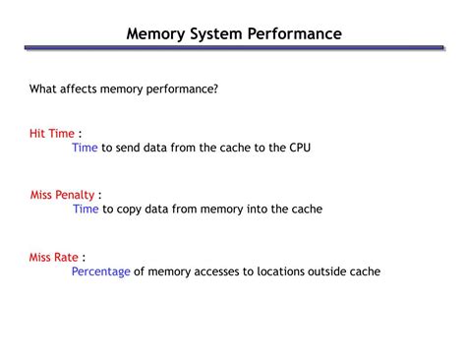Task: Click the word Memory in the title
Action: pos(155,33)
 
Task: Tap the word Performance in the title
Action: pos(295,33)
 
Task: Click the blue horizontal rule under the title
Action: pos(233,47)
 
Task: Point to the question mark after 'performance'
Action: pos(215,90)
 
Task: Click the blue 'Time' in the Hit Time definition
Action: pos(85,148)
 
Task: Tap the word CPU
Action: pos(301,148)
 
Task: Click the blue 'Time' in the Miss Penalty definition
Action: pos(86,210)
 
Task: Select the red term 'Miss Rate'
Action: pos(53,257)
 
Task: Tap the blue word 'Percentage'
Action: pos(100,272)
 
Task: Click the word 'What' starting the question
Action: pos(43,90)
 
